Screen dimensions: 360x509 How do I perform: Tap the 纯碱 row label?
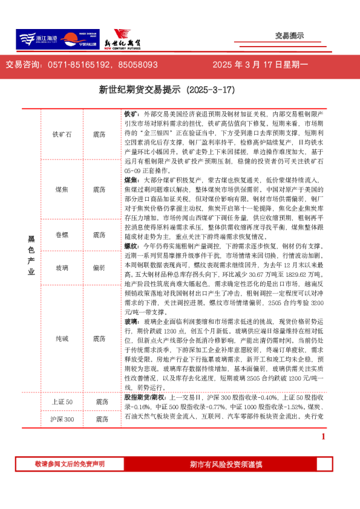click(x=62, y=340)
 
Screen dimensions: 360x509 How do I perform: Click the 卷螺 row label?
click(x=62, y=235)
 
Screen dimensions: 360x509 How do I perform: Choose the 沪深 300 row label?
click(x=61, y=420)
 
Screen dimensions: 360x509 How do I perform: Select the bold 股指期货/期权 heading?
click(x=146, y=400)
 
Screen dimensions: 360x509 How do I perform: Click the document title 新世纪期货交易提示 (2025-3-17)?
click(x=166, y=90)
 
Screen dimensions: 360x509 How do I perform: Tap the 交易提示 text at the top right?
click(x=289, y=36)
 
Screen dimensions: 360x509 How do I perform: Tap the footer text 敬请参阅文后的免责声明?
click(x=69, y=464)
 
